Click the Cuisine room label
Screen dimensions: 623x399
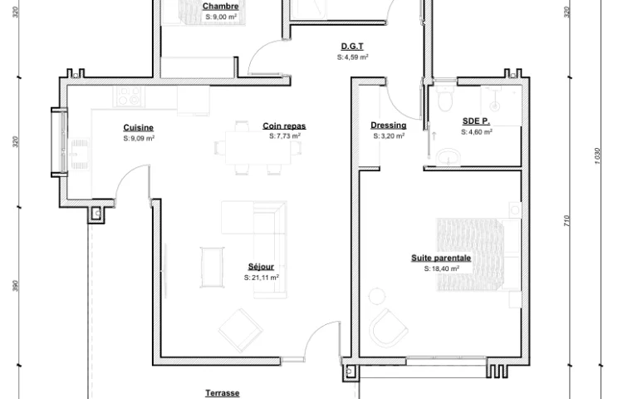(x=138, y=127)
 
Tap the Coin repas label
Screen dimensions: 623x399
(x=284, y=126)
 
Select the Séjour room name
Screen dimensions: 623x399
(x=261, y=267)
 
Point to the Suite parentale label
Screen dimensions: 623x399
(x=441, y=258)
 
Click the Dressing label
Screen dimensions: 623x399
(x=389, y=126)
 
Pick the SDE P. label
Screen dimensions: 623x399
(x=476, y=121)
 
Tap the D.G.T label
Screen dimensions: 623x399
(x=352, y=46)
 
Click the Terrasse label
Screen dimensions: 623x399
(x=223, y=393)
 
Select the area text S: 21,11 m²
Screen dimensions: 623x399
(x=262, y=278)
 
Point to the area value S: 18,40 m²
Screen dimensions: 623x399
(x=442, y=268)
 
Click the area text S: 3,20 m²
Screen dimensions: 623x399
(x=389, y=136)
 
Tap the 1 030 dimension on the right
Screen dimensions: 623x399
(x=598, y=155)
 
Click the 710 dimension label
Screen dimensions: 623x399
(x=567, y=221)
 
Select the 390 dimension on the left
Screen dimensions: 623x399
(x=15, y=286)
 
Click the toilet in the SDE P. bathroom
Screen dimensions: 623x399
(x=444, y=99)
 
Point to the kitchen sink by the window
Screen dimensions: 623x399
(x=81, y=154)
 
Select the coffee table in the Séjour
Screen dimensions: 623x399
(x=212, y=267)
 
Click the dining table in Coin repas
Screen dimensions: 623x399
(x=258, y=147)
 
